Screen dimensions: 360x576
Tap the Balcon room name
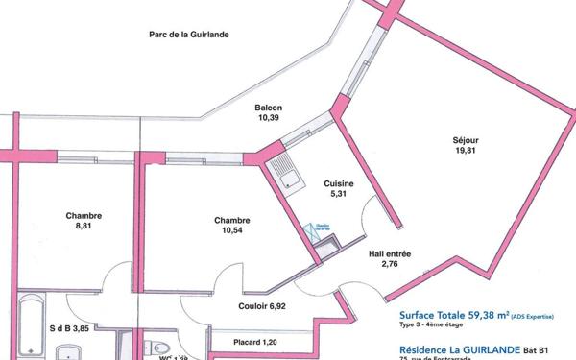pos(268,108)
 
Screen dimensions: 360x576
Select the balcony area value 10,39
pos(268,118)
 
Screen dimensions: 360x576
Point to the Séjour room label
pos(466,139)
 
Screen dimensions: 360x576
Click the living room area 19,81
pos(466,150)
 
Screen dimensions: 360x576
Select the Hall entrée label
pos(390,254)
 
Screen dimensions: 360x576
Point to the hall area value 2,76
pos(390,264)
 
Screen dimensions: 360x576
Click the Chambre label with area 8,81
pos(84,216)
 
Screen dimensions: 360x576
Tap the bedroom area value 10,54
pos(232,230)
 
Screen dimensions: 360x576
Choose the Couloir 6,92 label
pos(262,306)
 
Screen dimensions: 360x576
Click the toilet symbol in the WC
pos(160,348)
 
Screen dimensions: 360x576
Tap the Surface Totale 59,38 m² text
pos(456,314)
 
